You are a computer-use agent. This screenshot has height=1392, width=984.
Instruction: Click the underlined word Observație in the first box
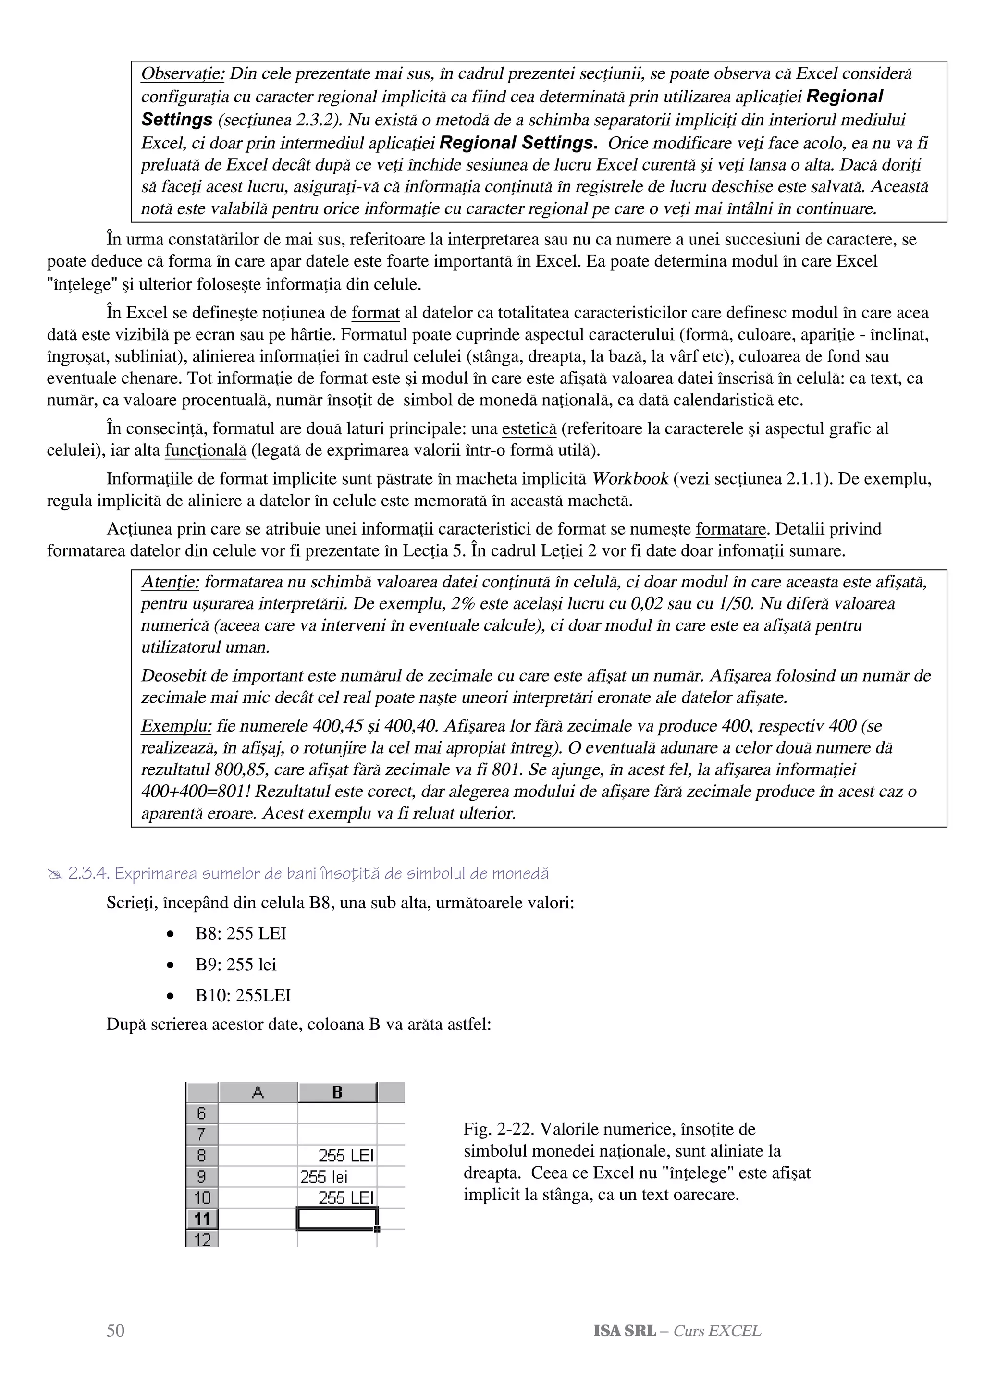(183, 74)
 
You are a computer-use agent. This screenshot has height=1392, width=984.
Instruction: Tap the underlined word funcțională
(205, 451)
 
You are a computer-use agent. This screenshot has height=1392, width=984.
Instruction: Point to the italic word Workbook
(630, 479)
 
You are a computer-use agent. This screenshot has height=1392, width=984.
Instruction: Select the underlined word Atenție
(170, 582)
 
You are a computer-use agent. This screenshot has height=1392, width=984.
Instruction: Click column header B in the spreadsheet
(337, 1092)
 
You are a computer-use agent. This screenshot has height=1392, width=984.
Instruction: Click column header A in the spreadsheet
(258, 1092)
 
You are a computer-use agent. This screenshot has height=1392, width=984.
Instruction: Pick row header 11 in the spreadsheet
(202, 1218)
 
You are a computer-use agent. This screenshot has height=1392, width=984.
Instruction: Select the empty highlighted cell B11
(337, 1218)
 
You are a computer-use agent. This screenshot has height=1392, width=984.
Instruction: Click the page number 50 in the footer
(115, 1330)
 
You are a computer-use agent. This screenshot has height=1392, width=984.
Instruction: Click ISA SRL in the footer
(625, 1330)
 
